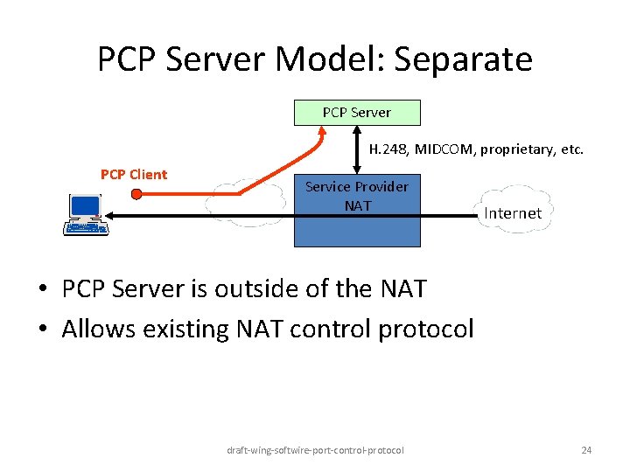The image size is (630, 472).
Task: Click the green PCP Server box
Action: pos(357,112)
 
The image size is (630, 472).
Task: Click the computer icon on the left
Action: pos(86,215)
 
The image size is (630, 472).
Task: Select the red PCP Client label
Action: pos(134,174)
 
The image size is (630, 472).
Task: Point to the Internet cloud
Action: pos(513,210)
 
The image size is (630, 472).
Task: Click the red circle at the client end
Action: pos(136,194)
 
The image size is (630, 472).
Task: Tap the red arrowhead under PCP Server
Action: pos(322,132)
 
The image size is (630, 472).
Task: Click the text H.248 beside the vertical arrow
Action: pos(388,149)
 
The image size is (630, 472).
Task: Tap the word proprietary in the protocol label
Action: pos(515,149)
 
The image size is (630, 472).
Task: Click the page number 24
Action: pos(586,450)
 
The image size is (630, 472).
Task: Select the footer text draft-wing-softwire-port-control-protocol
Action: pos(315,450)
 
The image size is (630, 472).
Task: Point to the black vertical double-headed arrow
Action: pos(358,149)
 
